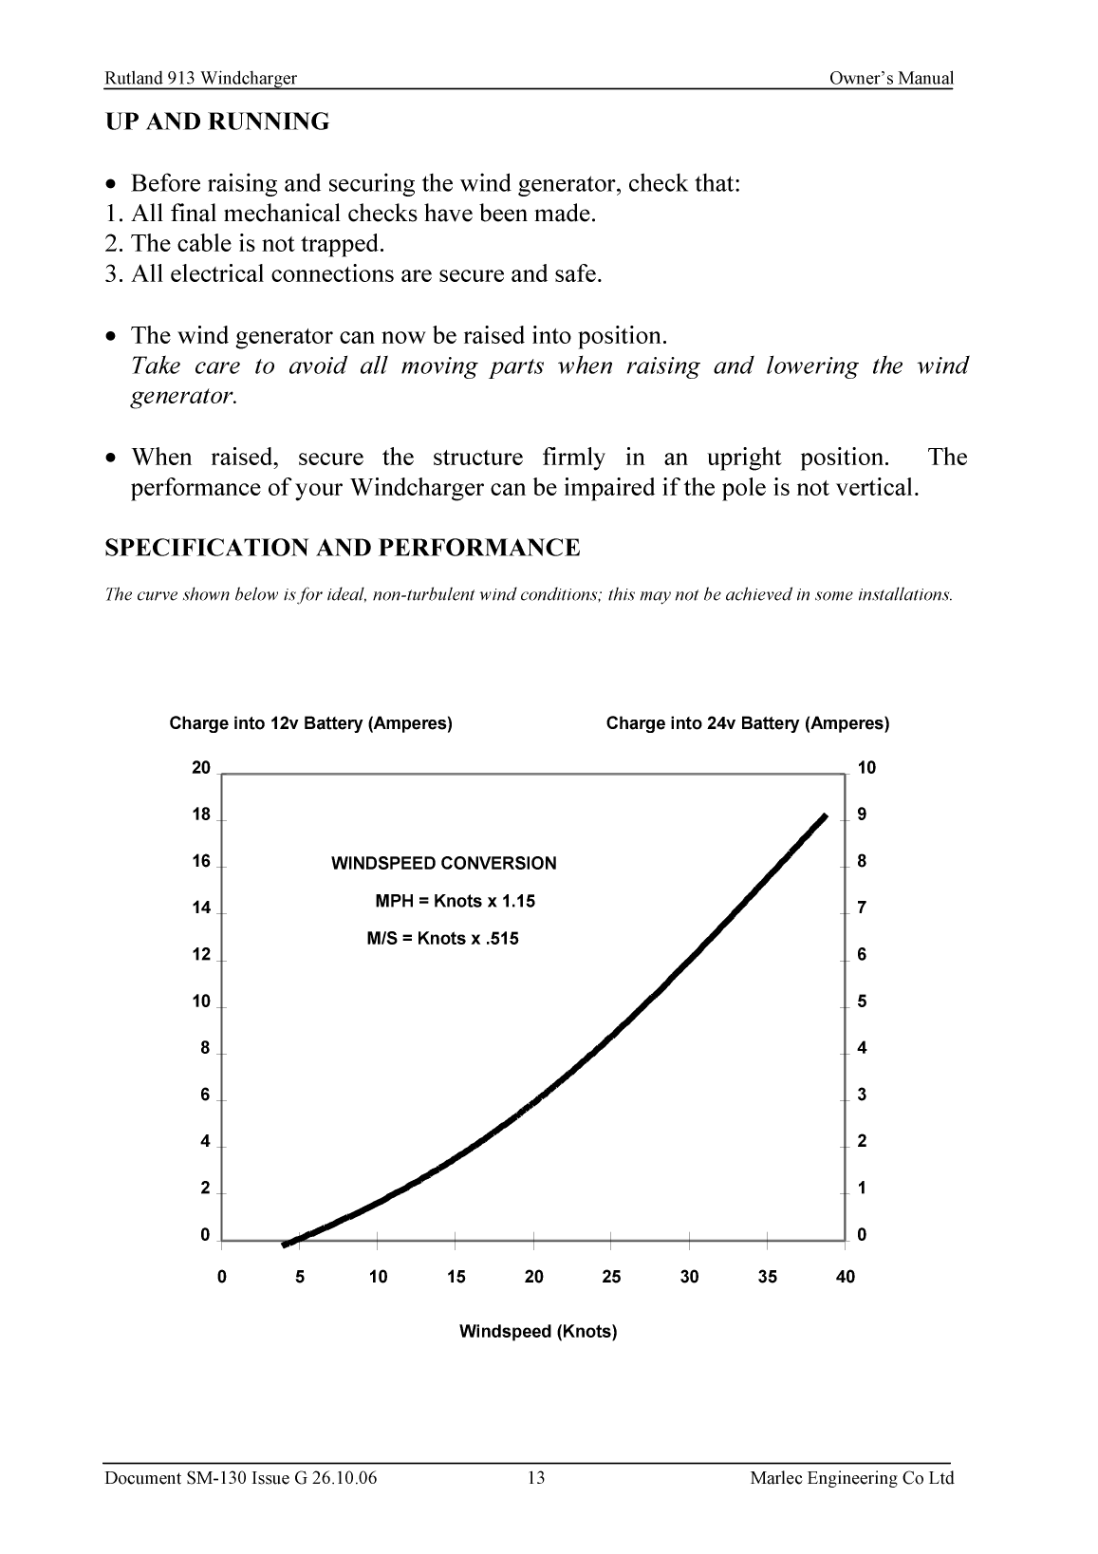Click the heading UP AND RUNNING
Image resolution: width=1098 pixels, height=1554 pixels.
[x=217, y=122]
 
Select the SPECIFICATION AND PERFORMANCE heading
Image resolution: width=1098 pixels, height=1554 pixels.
[x=342, y=549]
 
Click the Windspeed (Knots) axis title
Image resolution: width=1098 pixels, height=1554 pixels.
[x=538, y=1331]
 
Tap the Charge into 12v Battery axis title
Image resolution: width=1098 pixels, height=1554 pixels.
[x=310, y=723]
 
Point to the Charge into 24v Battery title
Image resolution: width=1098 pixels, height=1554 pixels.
[x=748, y=723]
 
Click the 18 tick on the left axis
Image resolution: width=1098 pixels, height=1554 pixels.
[x=201, y=814]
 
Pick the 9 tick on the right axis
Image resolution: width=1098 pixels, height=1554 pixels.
[x=862, y=814]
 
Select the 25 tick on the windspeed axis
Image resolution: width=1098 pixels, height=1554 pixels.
[x=611, y=1277]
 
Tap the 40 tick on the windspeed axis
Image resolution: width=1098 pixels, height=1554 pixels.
[x=845, y=1277]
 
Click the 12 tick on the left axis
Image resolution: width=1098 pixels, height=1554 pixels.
[x=201, y=955]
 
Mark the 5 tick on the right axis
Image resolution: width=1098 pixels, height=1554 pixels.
[x=862, y=1002]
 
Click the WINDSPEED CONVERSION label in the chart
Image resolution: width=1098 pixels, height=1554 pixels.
[x=443, y=864]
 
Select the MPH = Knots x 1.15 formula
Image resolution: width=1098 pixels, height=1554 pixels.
[x=455, y=901]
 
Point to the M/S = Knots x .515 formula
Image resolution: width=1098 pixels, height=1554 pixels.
[x=442, y=939]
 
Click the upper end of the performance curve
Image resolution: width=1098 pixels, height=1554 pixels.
[x=824, y=817]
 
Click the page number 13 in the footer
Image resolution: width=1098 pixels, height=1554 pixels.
[x=536, y=1478]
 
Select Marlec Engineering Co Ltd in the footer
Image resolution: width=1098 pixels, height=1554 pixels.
[x=851, y=1478]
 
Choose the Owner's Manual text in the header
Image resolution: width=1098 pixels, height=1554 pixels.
[x=890, y=79]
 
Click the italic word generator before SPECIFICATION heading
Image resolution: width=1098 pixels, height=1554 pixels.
[x=182, y=396]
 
